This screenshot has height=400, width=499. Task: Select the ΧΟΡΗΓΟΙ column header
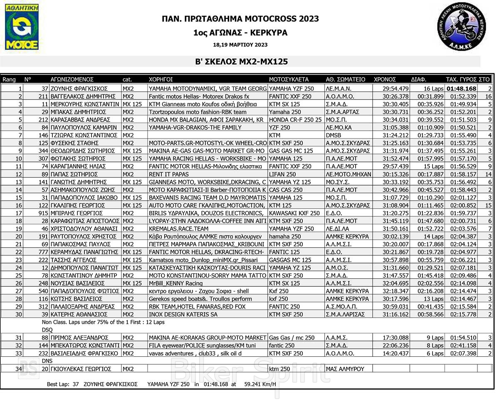click(161, 79)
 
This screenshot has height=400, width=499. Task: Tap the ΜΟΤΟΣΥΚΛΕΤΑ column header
click(289, 79)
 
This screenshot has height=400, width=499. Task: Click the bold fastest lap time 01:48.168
click(461, 89)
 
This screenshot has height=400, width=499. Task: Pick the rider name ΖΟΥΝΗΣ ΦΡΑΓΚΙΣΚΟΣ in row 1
click(79, 89)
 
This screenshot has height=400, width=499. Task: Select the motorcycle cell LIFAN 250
click(283, 174)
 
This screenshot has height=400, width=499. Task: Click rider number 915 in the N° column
click(43, 213)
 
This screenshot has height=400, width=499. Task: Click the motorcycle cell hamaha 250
click(285, 236)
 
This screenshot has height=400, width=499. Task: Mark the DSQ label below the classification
click(47, 330)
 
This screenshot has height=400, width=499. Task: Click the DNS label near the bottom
click(47, 361)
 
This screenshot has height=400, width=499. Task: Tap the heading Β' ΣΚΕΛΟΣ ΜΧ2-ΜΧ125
click(242, 62)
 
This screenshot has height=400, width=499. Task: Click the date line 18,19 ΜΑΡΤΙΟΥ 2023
click(240, 45)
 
